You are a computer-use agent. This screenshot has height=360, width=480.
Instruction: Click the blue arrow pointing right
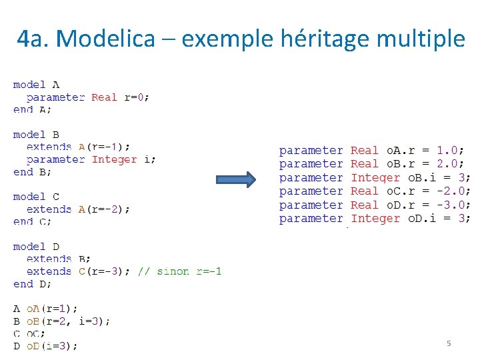tap(236, 179)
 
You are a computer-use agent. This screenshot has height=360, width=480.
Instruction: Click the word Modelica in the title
tap(113, 39)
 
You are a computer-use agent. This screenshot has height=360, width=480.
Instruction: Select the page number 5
tap(449, 343)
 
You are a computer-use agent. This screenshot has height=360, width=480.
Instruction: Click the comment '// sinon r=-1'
tap(180, 271)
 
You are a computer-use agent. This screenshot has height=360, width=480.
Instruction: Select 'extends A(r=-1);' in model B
tap(78, 147)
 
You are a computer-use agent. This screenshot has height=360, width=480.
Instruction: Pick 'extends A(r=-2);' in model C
tap(78, 209)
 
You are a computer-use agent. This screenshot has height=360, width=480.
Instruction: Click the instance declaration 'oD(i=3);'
tap(52, 346)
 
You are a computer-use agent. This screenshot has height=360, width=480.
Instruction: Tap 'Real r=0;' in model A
tap(120, 97)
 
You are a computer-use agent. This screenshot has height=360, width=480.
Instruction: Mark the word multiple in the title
tap(421, 39)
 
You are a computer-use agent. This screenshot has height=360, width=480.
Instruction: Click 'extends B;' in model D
tap(59, 259)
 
